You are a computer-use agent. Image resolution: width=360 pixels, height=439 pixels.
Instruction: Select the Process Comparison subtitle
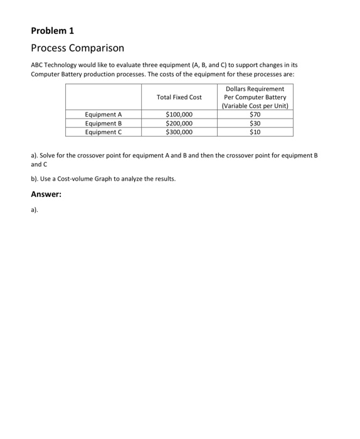77,48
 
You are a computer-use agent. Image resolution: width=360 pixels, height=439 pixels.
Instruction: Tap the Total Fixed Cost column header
179,97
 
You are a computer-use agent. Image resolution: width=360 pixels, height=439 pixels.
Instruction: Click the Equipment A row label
103,115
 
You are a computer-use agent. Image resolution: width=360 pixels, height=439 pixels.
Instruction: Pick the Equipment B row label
103,124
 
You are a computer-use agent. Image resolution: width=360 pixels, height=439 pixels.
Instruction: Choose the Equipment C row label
103,132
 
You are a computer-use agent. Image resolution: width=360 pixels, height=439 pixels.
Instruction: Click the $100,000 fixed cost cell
179,115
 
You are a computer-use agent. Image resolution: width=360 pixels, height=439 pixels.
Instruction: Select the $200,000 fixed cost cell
179,124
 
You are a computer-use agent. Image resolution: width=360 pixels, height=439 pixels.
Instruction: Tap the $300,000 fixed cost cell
179,132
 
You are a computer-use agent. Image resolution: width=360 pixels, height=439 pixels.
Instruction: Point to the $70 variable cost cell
255,115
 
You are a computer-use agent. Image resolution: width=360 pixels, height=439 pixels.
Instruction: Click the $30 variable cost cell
255,124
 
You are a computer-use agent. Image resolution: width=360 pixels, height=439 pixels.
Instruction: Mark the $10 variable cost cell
255,132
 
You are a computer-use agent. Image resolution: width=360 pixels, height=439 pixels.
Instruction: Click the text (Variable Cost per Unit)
255,106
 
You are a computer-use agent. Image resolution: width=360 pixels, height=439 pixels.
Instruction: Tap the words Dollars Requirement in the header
255,89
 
